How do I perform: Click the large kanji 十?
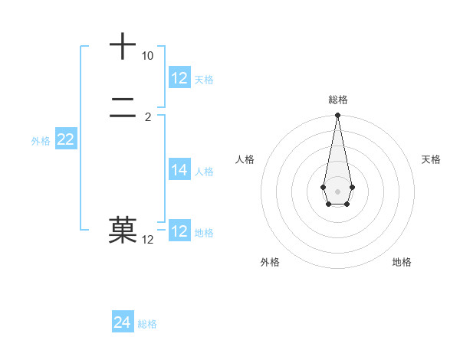point(123,46)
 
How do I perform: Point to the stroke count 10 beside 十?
point(147,57)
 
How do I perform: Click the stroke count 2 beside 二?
point(148,117)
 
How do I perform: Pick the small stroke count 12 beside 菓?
point(148,240)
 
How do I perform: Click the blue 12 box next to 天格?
point(179,78)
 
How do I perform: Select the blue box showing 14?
point(179,170)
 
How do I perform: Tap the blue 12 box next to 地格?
point(179,231)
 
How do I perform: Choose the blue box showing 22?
point(65,139)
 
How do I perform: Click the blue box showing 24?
point(123,322)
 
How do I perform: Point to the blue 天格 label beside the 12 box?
point(204,80)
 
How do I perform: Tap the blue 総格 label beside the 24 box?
point(147,324)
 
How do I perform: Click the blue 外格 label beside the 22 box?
point(41,141)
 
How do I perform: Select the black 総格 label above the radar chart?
point(338,100)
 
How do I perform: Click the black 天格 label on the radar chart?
point(432,159)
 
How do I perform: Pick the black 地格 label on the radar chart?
point(402,262)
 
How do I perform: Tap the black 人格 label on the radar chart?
point(245,159)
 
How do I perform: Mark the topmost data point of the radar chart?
point(337,116)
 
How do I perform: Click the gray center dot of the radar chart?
point(337,191)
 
